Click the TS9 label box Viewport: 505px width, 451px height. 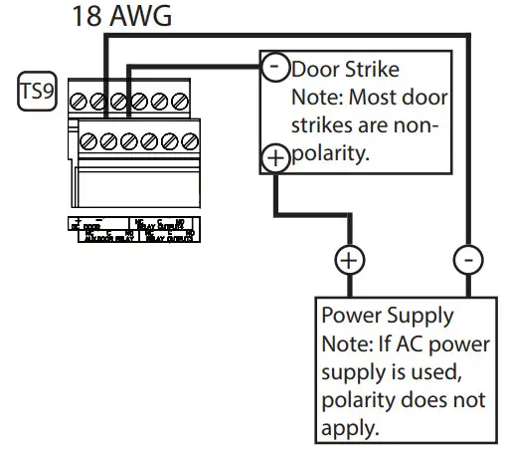coord(38,94)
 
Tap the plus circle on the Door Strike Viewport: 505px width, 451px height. coord(273,156)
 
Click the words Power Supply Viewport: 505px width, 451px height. coord(388,316)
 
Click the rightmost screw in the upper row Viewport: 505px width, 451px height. coord(180,101)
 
